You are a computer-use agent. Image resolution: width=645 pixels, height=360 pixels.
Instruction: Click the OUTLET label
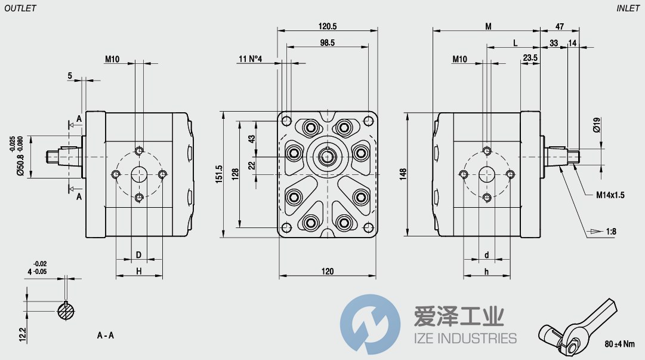[20, 8]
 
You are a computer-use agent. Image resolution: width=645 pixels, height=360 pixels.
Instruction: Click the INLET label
[628, 8]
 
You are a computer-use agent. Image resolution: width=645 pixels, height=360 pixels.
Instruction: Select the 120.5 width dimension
[328, 26]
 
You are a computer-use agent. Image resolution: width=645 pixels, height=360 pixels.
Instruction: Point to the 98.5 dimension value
[327, 42]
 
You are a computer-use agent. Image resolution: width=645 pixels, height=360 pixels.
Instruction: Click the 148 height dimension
[403, 173]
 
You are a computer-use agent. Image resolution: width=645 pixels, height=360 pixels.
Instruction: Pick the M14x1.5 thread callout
[610, 195]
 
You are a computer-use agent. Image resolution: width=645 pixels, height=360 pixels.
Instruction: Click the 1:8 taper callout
[611, 231]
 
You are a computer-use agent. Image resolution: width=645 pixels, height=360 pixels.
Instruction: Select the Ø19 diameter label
[596, 125]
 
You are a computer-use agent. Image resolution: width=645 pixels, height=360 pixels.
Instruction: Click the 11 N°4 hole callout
[251, 59]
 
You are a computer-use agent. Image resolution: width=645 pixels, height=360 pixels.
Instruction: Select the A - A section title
[106, 336]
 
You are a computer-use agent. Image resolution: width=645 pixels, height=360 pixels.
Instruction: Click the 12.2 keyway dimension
[22, 334]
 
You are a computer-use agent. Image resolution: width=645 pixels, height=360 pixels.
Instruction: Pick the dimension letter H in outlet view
[138, 271]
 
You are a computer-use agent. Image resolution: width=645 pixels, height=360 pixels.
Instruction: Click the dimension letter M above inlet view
[487, 26]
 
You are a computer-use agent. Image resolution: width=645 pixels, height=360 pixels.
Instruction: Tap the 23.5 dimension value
[530, 58]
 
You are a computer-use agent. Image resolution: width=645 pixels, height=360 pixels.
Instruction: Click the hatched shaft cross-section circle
[66, 310]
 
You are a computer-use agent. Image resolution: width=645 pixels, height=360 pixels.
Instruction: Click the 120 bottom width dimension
[328, 271]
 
